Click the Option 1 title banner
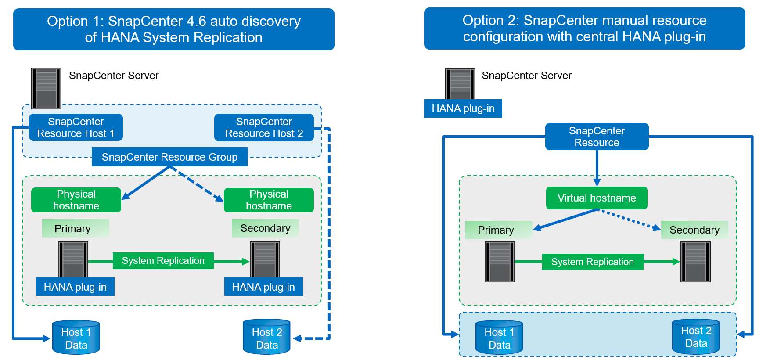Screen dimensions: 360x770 pos(173,29)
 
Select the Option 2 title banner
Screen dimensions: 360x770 pos(584,28)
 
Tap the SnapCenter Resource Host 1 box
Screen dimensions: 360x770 pos(76,127)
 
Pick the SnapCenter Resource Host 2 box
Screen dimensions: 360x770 pos(264,127)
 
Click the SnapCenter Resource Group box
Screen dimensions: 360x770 pos(169,157)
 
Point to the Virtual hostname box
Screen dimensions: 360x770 pos(597,198)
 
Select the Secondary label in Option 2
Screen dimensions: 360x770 pos(694,230)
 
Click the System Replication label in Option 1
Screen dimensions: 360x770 pos(163,261)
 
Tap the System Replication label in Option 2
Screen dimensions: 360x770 pos(592,262)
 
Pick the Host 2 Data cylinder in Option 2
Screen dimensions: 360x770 pos(696,337)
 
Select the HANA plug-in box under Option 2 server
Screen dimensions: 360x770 pos(463,108)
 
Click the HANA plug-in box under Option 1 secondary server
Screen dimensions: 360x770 pos(263,287)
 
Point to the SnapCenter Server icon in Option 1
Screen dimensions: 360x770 pos(46,88)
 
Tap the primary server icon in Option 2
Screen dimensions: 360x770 pos(500,262)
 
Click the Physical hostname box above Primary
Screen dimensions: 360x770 pos(76,200)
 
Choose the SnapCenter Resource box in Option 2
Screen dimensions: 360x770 pos(597,137)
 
